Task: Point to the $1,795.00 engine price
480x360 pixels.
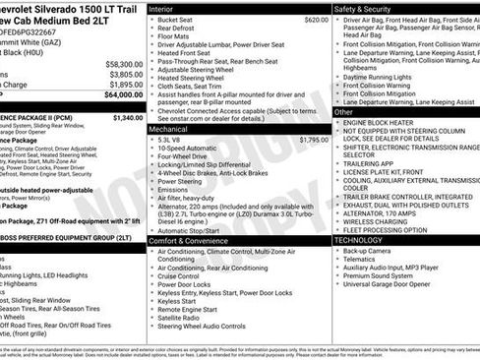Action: (x=314, y=140)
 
